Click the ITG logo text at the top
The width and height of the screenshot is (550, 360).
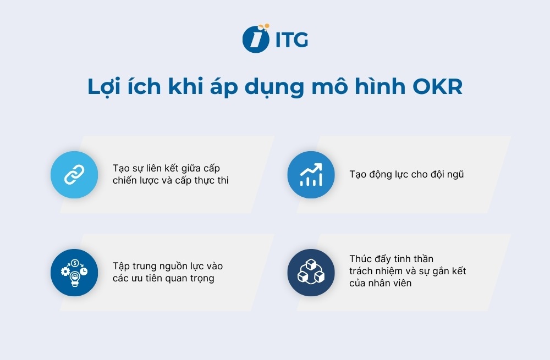click(x=291, y=39)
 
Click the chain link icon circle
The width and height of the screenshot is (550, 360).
click(x=74, y=175)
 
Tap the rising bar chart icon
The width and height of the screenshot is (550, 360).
click(x=311, y=175)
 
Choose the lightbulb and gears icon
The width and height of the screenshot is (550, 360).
click(x=74, y=273)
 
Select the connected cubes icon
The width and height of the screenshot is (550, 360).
click(x=311, y=273)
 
